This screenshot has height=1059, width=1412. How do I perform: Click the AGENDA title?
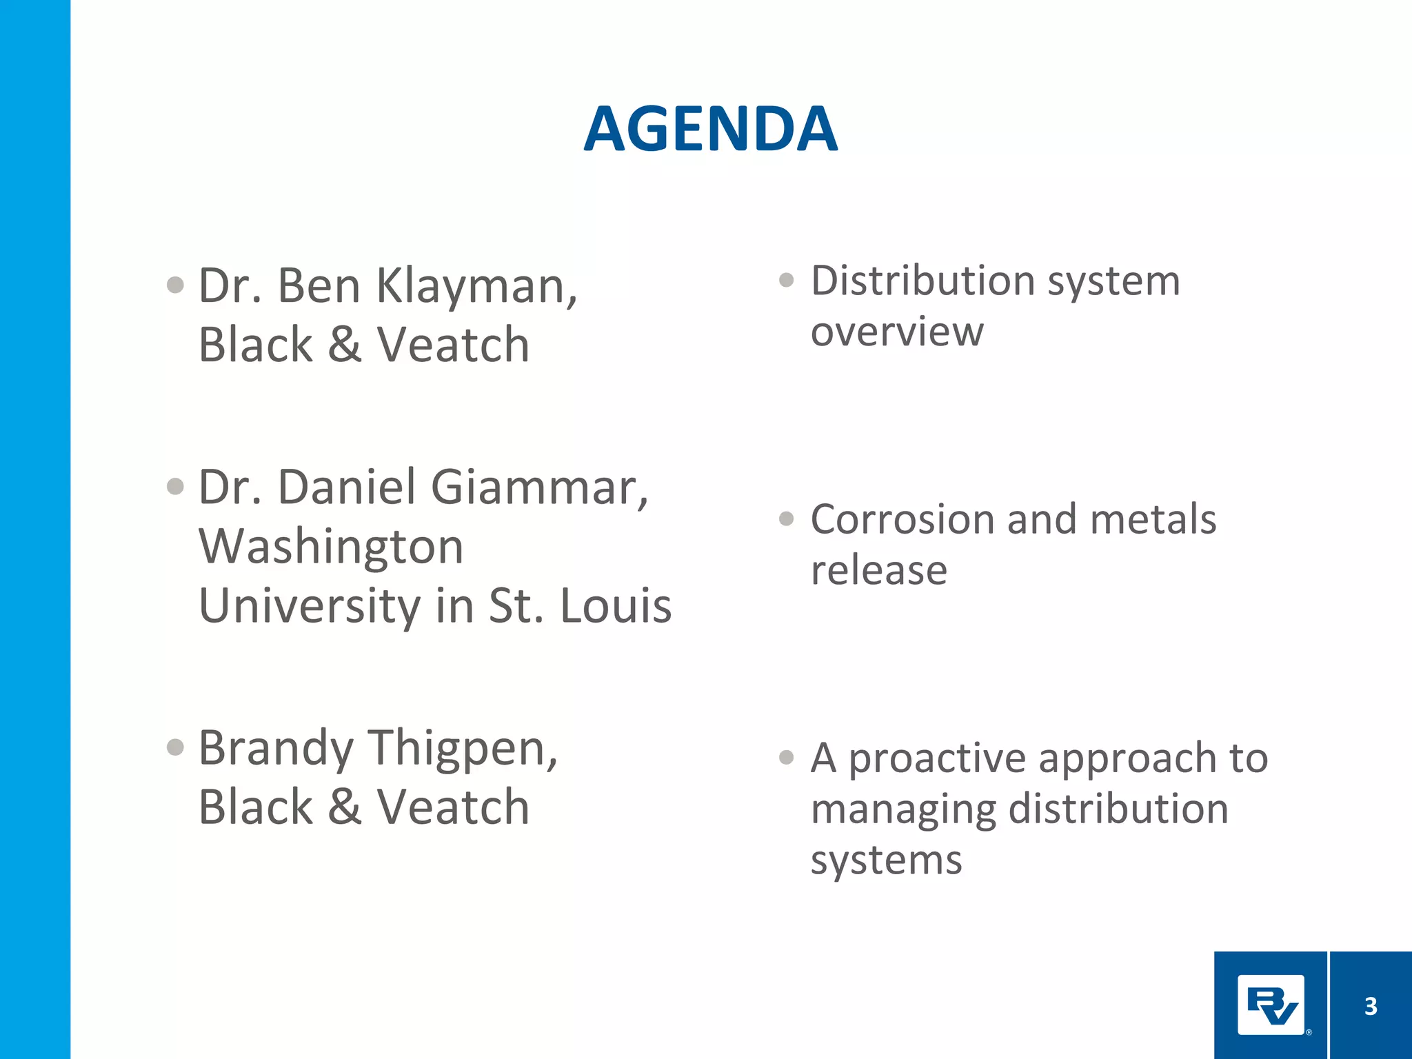point(711,129)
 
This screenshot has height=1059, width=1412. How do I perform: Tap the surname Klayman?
point(476,286)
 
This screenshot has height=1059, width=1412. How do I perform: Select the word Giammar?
point(538,487)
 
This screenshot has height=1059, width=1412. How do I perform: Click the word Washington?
point(331,547)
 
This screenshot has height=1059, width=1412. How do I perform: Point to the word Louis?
point(615,607)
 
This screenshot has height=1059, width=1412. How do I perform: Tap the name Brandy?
point(276,749)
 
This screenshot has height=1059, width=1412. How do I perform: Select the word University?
point(309,607)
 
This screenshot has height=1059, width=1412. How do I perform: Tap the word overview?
point(897,332)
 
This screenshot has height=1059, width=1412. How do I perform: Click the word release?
point(878,571)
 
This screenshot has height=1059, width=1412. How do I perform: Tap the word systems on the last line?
point(886,860)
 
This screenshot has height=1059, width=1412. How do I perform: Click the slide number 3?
point(1371,1006)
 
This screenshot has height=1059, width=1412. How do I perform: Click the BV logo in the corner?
point(1271,1005)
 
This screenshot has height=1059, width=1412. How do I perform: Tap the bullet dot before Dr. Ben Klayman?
point(176,285)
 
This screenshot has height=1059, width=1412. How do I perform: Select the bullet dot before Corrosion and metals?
point(787,518)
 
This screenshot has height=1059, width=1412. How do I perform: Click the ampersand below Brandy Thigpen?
point(345,807)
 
